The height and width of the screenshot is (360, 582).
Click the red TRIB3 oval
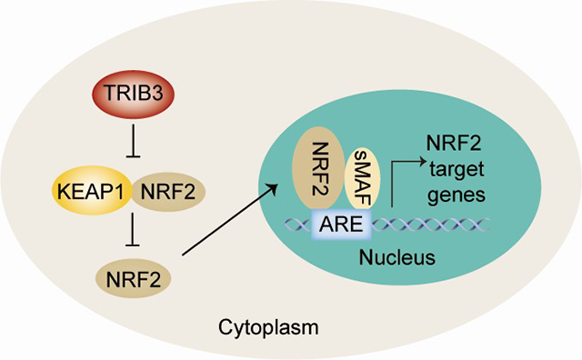tap(134, 95)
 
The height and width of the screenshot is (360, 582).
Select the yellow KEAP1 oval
tap(91, 190)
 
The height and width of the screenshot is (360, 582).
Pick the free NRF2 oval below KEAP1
tap(134, 279)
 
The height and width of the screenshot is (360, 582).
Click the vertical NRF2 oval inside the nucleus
tap(318, 168)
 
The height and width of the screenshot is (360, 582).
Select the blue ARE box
tap(341, 224)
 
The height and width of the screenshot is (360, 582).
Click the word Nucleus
tap(396, 257)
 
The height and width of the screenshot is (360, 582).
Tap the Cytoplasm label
tap(268, 327)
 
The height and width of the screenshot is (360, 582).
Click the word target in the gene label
tap(457, 169)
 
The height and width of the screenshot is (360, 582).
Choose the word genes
tap(457, 195)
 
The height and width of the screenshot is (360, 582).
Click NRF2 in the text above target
tap(454, 143)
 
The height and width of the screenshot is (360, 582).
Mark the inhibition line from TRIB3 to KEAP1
tap(134, 141)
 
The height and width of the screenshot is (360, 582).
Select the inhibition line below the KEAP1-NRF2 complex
tap(134, 231)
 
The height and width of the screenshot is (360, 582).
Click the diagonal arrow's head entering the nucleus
tap(273, 189)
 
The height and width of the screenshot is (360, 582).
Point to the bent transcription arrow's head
tap(422, 161)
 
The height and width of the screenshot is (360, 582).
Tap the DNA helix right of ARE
tap(430, 225)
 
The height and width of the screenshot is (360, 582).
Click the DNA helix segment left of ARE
tap(297, 225)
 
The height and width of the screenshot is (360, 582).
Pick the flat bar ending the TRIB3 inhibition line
tap(134, 157)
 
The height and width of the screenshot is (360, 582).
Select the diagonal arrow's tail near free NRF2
tap(183, 255)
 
